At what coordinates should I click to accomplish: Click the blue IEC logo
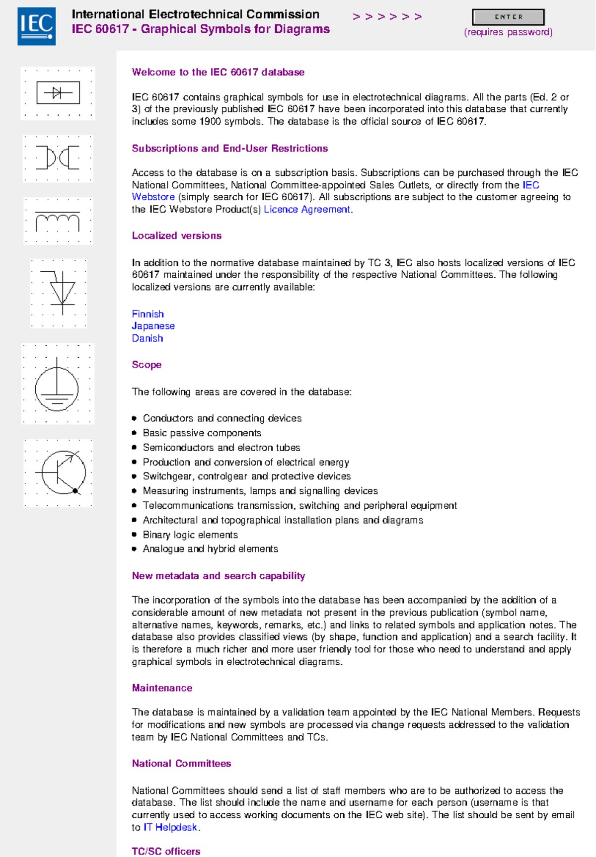pyautogui.click(x=36, y=26)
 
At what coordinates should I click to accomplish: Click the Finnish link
pyautogui.click(x=148, y=314)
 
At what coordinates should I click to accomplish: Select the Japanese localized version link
pyautogui.click(x=153, y=326)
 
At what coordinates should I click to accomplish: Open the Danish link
pyautogui.click(x=148, y=338)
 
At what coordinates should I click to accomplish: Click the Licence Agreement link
pyautogui.click(x=307, y=210)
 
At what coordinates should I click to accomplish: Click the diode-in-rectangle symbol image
pyautogui.click(x=58, y=93)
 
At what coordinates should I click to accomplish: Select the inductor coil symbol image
pyautogui.click(x=58, y=221)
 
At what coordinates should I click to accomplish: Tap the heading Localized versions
pyautogui.click(x=176, y=235)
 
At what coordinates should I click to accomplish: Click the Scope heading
pyautogui.click(x=147, y=365)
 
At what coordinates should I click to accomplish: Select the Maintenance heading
pyautogui.click(x=162, y=688)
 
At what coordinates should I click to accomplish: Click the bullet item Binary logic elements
pyautogui.click(x=190, y=535)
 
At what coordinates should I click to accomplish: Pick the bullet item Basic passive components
pyautogui.click(x=202, y=433)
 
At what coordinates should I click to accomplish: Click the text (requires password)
pyautogui.click(x=508, y=32)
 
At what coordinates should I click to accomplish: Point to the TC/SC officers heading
pyautogui.click(x=166, y=851)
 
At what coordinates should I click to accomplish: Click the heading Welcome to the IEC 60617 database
pyautogui.click(x=218, y=72)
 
